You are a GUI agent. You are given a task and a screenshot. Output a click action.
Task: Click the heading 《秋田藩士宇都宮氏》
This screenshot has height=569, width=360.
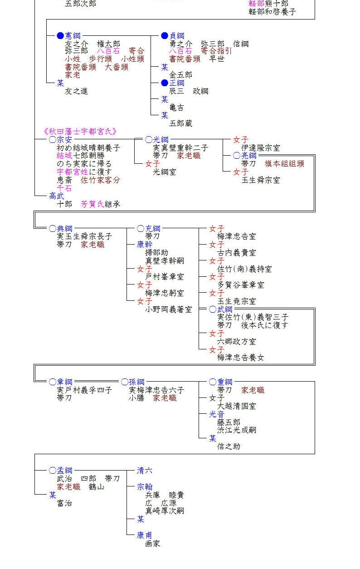pyautogui.click(x=81, y=132)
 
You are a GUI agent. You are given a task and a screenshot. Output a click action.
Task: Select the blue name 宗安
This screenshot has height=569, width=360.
pyautogui.click(x=64, y=140)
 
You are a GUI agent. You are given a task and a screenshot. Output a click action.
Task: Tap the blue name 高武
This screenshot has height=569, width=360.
pyautogui.click(x=57, y=196)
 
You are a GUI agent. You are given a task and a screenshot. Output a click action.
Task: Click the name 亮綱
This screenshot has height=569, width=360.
pyautogui.click(x=248, y=156)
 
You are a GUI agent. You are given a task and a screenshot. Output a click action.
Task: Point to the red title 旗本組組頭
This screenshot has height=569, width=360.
pyautogui.click(x=284, y=164)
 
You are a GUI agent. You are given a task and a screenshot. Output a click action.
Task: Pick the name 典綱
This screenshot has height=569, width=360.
pyautogui.click(x=64, y=228)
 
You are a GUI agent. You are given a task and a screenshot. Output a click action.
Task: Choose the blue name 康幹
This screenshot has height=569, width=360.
pyautogui.click(x=145, y=244)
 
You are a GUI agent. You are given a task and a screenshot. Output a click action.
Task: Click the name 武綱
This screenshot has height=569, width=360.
pyautogui.click(x=225, y=309)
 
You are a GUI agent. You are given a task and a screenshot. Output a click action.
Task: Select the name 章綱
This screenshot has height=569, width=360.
pyautogui.click(x=64, y=382)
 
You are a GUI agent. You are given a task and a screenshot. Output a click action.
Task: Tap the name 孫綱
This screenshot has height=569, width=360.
pyautogui.click(x=136, y=382)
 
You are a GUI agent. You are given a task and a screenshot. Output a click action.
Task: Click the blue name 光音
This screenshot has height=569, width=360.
pyautogui.click(x=217, y=414)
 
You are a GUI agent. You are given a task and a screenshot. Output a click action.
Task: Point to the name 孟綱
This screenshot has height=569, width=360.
pyautogui.click(x=64, y=471)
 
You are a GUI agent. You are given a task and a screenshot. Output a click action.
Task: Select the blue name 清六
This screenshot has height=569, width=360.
pyautogui.click(x=145, y=471)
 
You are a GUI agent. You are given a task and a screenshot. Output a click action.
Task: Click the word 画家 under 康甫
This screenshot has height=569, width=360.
pyautogui.click(x=153, y=543)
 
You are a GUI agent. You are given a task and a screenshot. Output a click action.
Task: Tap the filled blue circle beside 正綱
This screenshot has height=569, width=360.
pyautogui.click(x=165, y=83)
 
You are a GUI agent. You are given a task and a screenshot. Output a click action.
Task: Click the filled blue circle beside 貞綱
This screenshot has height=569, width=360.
pyautogui.click(x=165, y=36)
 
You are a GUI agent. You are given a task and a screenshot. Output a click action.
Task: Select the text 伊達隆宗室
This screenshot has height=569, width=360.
pyautogui.click(x=261, y=148)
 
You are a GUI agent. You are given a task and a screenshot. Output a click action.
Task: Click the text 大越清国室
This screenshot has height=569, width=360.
pyautogui.click(x=237, y=406)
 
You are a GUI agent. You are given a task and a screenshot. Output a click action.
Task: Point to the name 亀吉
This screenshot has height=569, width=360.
pyautogui.click(x=177, y=108)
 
